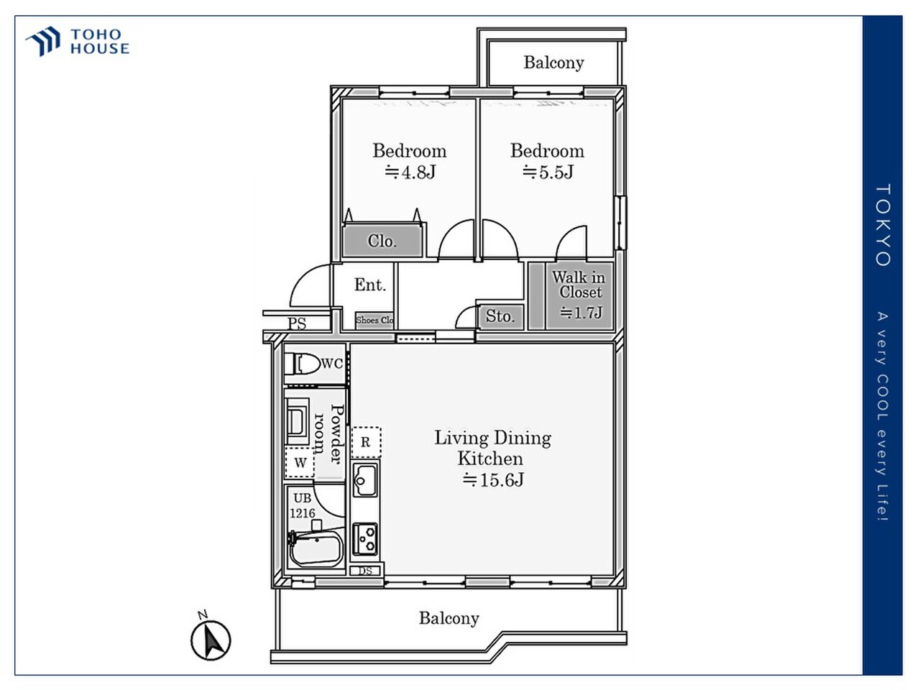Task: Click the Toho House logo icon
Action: pos(43,41)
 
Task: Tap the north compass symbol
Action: pos(211,638)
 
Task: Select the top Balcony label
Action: pos(553,63)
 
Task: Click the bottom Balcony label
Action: pos(448,618)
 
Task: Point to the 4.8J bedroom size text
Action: pos(410,172)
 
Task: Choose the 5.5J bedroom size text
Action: pos(548,172)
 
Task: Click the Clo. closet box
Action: pos(382,241)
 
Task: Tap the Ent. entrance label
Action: pos(369,285)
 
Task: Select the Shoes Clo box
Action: pos(374,320)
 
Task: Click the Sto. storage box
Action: pos(500,316)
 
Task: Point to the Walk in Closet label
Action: pos(579,285)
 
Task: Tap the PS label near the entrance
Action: pos(297,323)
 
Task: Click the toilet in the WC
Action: pos(303,364)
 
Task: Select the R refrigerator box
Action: pos(365,442)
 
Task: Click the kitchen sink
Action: pos(365,479)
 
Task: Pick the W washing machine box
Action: pos(300,463)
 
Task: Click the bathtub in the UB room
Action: pos(314,550)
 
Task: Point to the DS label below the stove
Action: pos(365,571)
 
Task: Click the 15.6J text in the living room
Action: pos(493,480)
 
